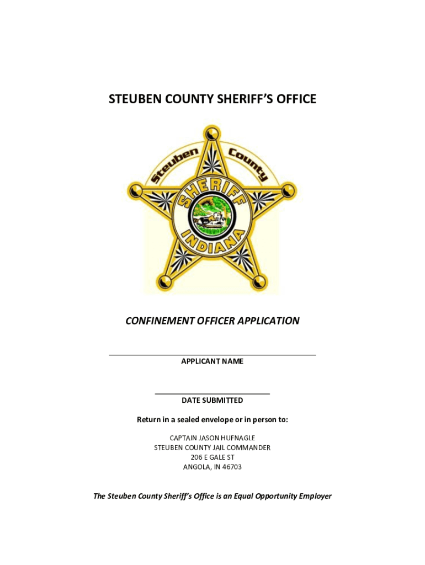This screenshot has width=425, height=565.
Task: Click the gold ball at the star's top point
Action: click(211, 134)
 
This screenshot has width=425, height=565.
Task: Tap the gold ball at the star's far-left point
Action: click(136, 191)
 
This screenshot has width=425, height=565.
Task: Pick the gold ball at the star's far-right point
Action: click(287, 191)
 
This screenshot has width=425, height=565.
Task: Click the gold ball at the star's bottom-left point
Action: click(164, 282)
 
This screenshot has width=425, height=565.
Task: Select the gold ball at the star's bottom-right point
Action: click(258, 282)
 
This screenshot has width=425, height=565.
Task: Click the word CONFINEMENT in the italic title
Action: click(161, 321)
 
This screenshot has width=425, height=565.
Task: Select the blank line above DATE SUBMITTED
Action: click(212, 393)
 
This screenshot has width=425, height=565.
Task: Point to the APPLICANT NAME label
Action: click(212, 361)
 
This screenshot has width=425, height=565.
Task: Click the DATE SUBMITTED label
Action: click(212, 401)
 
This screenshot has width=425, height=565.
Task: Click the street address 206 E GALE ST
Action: click(212, 457)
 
